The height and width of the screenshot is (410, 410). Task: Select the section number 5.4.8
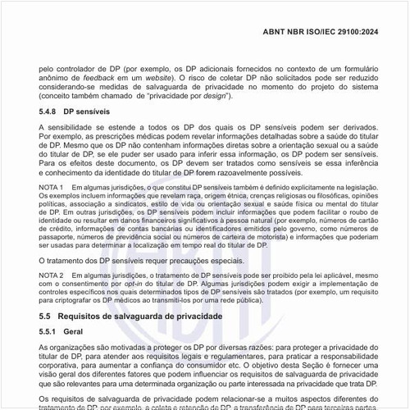[48, 109]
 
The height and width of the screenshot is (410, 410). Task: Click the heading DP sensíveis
[87, 109]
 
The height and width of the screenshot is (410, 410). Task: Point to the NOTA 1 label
[52, 189]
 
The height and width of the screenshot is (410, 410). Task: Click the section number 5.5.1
[48, 333]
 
